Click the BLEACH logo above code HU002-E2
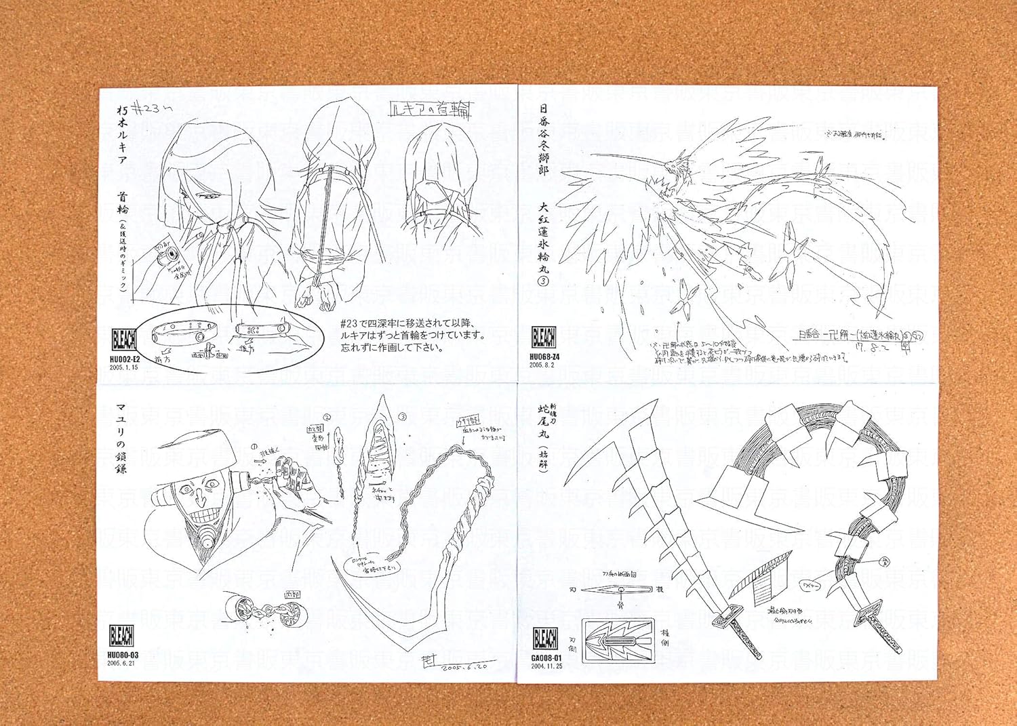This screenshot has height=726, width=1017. (x=124, y=340)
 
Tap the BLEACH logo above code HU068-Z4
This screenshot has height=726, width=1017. (x=544, y=337)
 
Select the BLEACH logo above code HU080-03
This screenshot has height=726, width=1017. (x=122, y=636)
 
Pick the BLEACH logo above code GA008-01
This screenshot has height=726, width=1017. (x=545, y=639)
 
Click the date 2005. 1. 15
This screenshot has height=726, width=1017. (x=123, y=368)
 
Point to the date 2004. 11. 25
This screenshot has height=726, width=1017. (x=546, y=666)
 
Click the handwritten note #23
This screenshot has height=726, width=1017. (x=146, y=108)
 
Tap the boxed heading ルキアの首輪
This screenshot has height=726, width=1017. (x=431, y=109)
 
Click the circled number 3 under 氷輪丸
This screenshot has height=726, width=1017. (x=543, y=281)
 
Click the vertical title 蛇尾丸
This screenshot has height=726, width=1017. (x=543, y=421)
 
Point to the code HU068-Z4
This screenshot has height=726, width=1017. (x=544, y=357)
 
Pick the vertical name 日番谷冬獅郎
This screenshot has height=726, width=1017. (x=543, y=140)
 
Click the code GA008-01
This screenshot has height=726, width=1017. (x=546, y=658)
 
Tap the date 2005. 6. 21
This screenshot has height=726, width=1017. (x=122, y=664)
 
